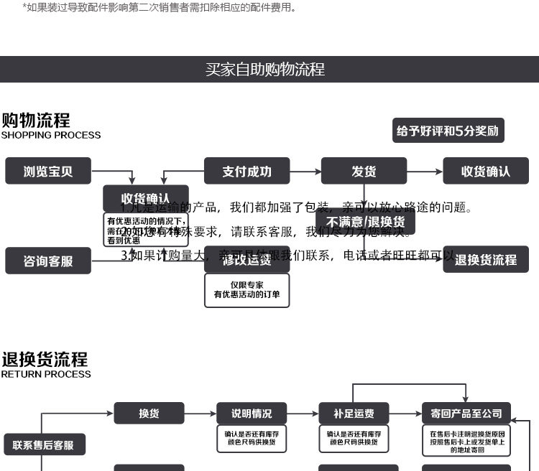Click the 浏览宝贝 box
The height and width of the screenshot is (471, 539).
[x=48, y=171]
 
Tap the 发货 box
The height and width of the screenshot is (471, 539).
[x=364, y=171]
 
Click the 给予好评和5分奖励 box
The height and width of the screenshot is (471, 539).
[x=448, y=131]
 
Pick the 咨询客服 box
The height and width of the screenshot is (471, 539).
[x=48, y=261]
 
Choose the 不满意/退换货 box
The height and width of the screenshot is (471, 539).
[x=365, y=221]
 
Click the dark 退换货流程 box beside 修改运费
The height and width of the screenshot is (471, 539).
[x=486, y=259]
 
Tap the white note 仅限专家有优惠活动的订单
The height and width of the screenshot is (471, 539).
[x=247, y=290]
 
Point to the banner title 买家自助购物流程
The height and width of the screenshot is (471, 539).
[x=265, y=69]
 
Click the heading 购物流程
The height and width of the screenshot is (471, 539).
[x=35, y=119]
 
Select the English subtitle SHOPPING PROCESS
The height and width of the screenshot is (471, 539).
[x=51, y=135]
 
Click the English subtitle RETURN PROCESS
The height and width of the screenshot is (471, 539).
[x=46, y=374]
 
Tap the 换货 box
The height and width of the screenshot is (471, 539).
[x=149, y=414]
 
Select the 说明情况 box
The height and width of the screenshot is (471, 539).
[x=252, y=414]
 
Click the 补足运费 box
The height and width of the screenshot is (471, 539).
[x=354, y=414]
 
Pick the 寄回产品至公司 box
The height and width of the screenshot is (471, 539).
[x=466, y=414]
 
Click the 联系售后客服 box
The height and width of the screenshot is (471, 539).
[x=44, y=445]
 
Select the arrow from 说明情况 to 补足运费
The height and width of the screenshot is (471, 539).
[x=303, y=414]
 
